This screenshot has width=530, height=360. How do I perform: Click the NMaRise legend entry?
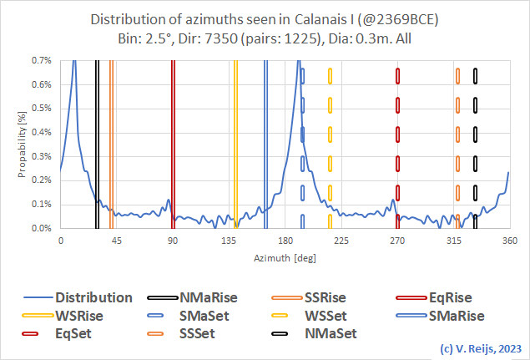[214, 297]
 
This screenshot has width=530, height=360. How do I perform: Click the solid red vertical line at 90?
[173, 142]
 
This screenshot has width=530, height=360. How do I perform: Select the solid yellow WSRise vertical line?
[235, 142]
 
